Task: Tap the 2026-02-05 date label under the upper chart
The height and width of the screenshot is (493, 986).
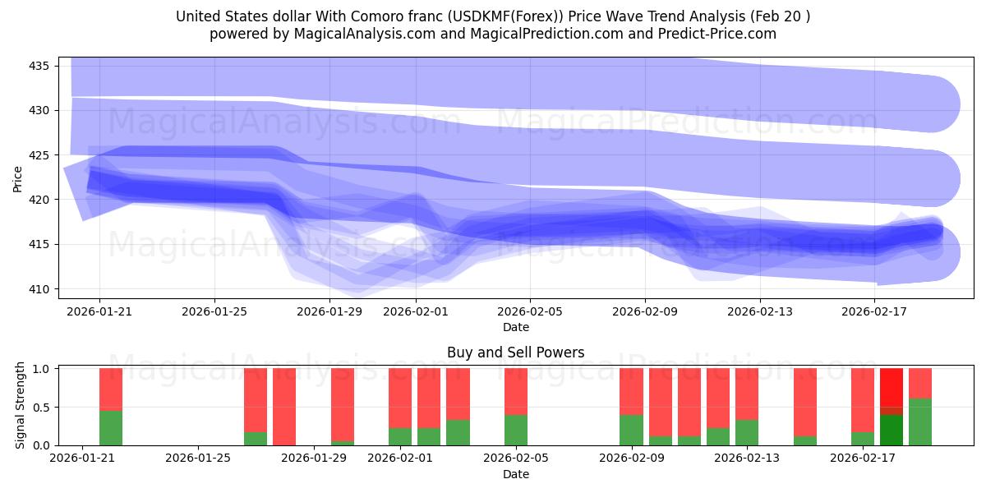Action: click(530, 311)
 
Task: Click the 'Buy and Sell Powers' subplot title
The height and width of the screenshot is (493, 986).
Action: click(515, 352)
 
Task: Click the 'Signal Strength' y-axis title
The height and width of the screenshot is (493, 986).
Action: click(21, 406)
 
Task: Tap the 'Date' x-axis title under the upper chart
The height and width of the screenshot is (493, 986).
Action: click(515, 327)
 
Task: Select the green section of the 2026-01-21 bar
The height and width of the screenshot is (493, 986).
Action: click(111, 428)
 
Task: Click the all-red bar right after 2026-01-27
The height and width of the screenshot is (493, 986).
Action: click(284, 407)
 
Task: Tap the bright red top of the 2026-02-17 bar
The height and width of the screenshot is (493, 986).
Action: click(892, 386)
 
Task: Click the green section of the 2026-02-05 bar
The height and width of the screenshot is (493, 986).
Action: click(516, 430)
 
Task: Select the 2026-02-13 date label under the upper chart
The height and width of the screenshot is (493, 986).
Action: click(760, 311)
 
